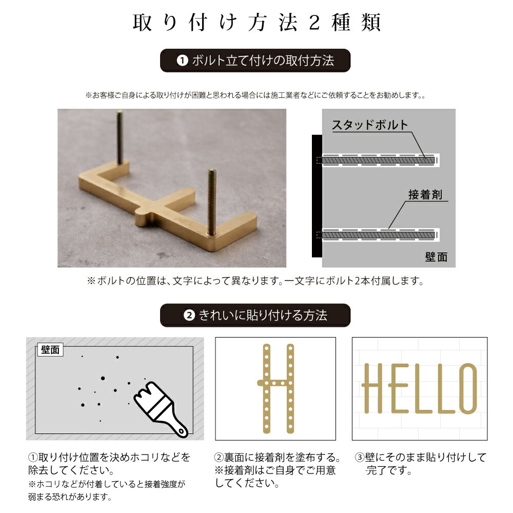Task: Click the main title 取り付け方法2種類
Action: tap(256, 23)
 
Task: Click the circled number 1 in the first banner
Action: tap(183, 61)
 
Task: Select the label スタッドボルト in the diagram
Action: tap(369, 125)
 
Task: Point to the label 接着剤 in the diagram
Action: tap(425, 195)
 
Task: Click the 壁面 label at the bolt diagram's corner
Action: tap(436, 257)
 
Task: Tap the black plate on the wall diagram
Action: tap(317, 196)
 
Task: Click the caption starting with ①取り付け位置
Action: tap(109, 463)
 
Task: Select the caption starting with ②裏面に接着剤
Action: tap(278, 469)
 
